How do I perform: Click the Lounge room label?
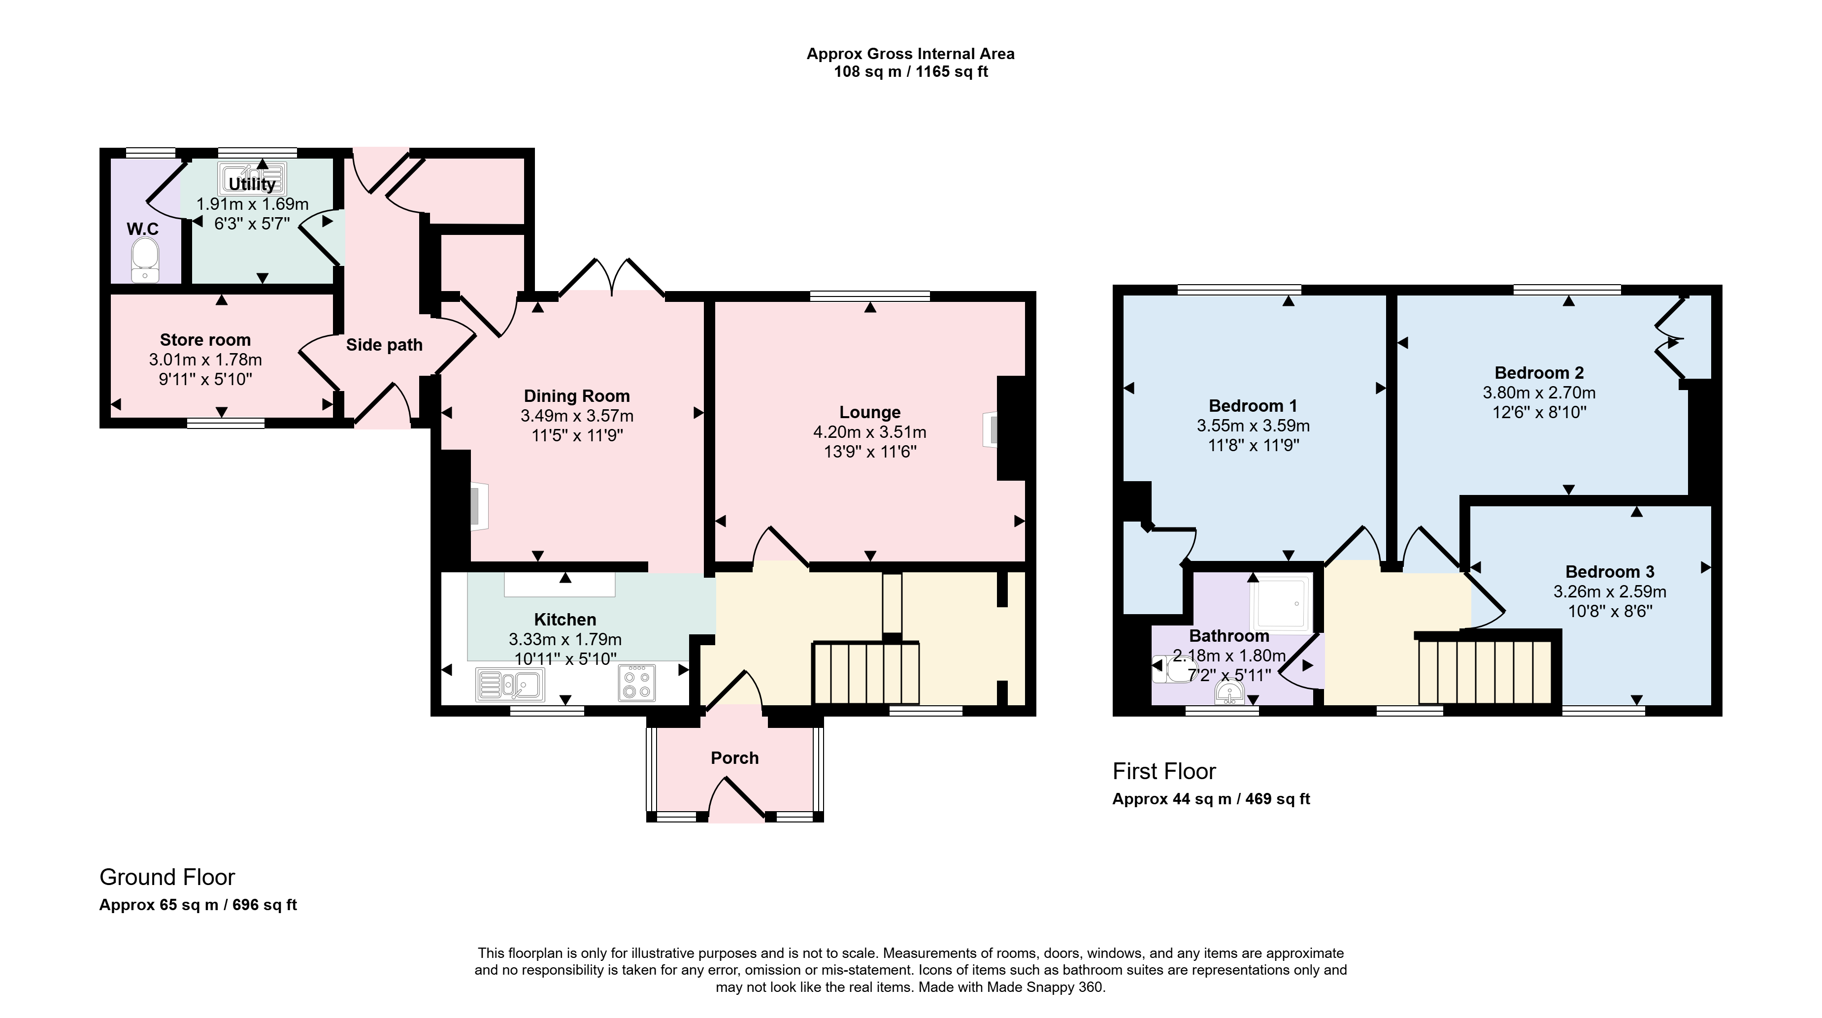click(869, 412)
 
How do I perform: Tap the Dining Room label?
click(576, 396)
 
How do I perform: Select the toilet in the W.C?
click(145, 260)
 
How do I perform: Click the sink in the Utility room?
click(253, 179)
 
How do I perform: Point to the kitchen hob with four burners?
click(636, 684)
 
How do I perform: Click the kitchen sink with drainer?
click(510, 684)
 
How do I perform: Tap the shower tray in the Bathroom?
click(1280, 604)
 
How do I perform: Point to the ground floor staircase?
click(866, 673)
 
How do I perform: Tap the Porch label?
click(735, 757)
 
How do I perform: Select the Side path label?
click(384, 345)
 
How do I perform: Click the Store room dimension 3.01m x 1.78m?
click(205, 360)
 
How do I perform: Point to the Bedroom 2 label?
click(1539, 373)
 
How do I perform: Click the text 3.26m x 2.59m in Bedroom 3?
click(1610, 591)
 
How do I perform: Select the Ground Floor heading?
click(167, 877)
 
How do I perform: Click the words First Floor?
click(1164, 771)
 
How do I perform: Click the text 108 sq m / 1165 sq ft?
click(911, 71)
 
